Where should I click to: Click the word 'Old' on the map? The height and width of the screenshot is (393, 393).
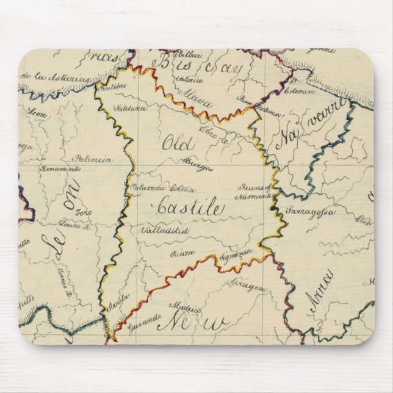click(178, 144)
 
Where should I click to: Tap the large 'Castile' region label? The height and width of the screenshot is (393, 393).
click(187, 208)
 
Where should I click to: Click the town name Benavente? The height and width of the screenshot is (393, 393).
click(61, 168)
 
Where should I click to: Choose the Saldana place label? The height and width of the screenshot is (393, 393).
click(135, 109)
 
